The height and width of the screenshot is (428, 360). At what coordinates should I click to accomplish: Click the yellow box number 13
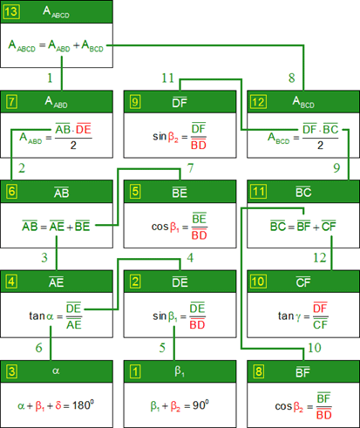click(11, 12)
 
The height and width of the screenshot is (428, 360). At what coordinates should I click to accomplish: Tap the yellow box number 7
click(11, 102)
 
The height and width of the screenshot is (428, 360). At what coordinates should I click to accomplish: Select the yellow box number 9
click(135, 102)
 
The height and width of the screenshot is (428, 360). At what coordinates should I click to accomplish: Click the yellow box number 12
click(259, 102)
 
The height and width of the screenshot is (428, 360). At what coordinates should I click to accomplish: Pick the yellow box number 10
click(259, 282)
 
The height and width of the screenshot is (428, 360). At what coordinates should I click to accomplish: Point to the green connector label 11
click(167, 78)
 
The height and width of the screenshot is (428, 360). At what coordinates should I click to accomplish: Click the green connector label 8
click(292, 78)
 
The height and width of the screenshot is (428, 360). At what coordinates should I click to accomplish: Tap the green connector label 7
click(190, 168)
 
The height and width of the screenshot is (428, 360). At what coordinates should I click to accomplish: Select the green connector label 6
click(39, 348)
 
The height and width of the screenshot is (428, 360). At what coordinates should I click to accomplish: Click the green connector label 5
click(162, 348)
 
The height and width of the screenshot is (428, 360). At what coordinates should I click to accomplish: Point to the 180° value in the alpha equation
click(83, 404)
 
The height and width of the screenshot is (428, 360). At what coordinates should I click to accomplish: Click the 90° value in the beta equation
click(200, 404)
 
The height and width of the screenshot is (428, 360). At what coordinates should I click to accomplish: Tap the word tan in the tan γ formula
click(286, 316)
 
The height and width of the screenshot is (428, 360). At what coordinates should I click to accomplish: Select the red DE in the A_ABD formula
click(84, 129)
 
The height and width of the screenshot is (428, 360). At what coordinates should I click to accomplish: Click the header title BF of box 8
click(302, 372)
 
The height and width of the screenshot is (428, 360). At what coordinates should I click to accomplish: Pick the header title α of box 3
click(56, 370)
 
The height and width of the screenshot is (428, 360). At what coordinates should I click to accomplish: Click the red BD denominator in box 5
click(200, 234)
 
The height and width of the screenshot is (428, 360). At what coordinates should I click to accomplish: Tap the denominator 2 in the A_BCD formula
click(320, 146)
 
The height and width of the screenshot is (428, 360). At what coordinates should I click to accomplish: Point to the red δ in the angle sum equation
click(58, 405)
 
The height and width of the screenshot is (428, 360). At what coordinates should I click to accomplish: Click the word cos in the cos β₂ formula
click(283, 406)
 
